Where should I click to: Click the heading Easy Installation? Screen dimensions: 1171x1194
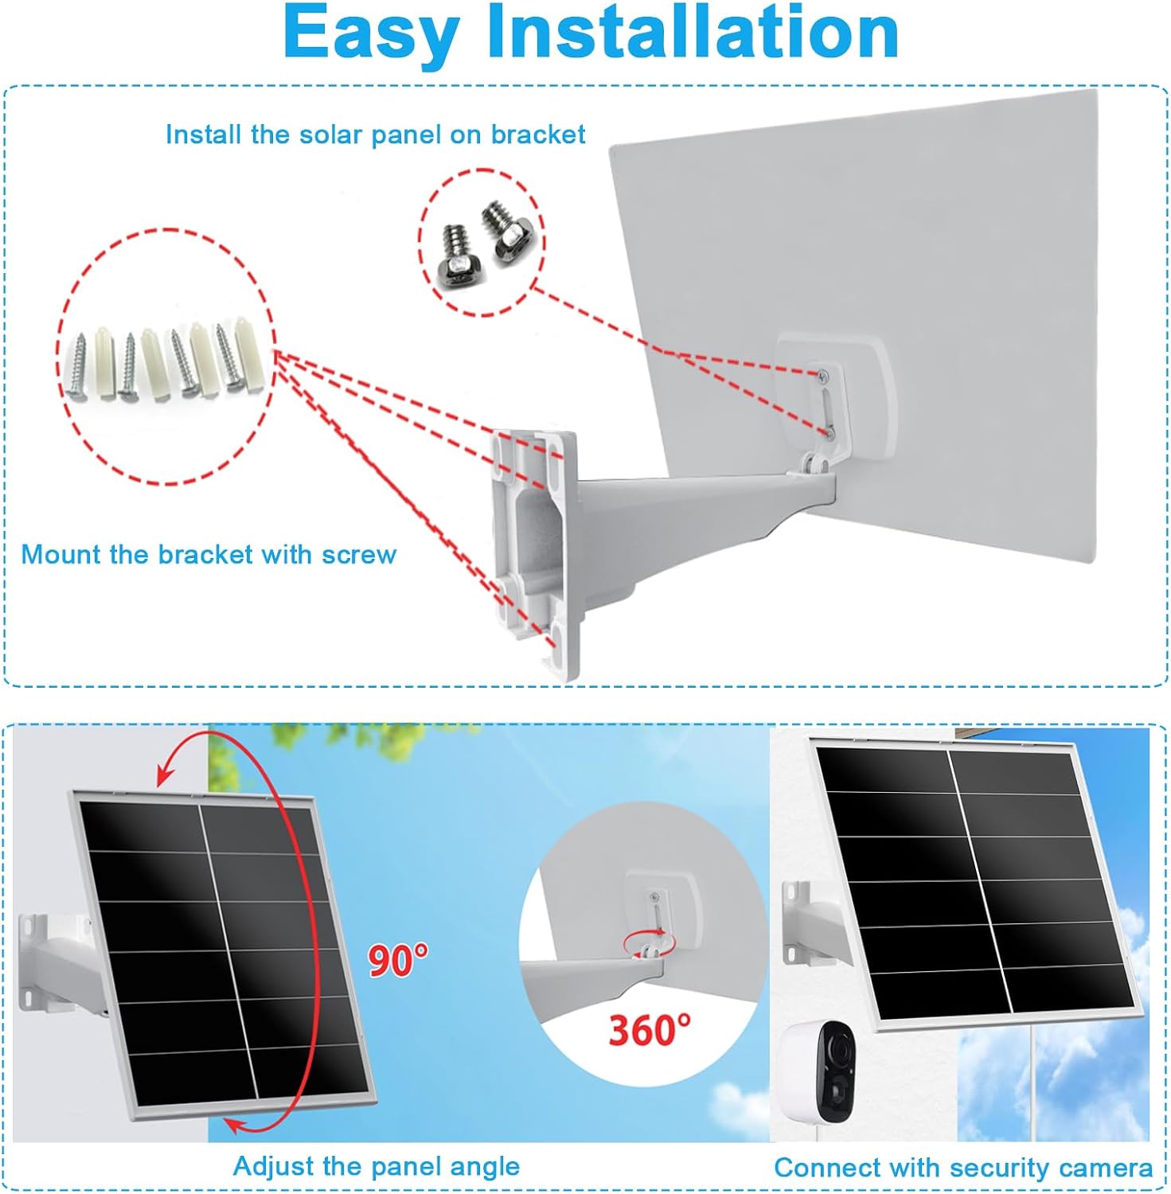(x=591, y=33)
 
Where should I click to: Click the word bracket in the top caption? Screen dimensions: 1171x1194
(x=537, y=135)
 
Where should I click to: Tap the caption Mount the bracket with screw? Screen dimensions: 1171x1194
(x=209, y=554)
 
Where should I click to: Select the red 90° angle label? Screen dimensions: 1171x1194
(x=398, y=959)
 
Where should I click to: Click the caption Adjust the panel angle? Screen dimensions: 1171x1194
(x=376, y=1167)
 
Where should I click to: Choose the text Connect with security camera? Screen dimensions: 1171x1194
(x=963, y=1168)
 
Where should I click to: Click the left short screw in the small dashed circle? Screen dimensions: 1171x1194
(x=455, y=253)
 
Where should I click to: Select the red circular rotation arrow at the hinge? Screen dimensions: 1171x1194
(x=650, y=942)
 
